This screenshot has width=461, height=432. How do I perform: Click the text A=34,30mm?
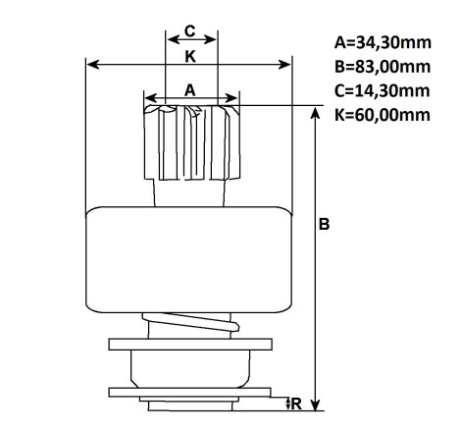(x=383, y=42)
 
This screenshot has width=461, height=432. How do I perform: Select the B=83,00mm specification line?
(x=383, y=67)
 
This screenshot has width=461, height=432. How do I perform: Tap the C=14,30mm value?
(x=382, y=90)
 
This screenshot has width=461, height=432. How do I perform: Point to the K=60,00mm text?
(x=382, y=115)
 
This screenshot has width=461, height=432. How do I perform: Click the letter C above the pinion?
(x=190, y=31)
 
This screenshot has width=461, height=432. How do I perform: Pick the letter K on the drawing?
(x=190, y=57)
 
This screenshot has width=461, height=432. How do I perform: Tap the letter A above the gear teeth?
(x=190, y=90)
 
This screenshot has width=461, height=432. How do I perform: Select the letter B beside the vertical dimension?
(x=324, y=224)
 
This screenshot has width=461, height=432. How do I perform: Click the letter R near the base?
(x=296, y=404)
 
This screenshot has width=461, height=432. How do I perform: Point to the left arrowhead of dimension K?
(x=93, y=65)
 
